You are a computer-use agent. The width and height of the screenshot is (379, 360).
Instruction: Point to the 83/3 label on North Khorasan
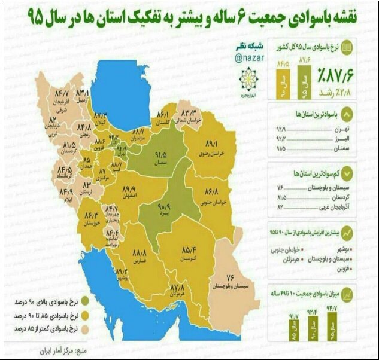190,112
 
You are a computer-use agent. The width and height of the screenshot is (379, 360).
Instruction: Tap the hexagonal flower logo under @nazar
247,80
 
